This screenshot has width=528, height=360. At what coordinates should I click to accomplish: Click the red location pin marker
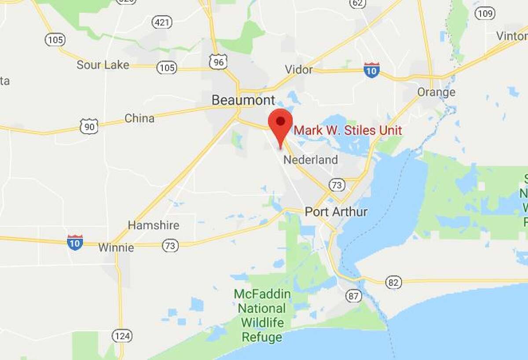[x=280, y=121]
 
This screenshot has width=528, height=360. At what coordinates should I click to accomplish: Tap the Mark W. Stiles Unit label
[x=348, y=130]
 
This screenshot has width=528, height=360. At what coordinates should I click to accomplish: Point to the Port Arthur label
[x=336, y=212]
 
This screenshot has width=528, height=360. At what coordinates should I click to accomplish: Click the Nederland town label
[x=311, y=159]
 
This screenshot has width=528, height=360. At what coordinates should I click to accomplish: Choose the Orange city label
[x=436, y=92]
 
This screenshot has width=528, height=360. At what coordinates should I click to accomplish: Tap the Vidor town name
[x=299, y=70]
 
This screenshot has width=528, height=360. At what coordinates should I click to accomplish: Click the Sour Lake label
[x=103, y=65]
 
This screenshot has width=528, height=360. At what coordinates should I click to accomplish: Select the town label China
[x=139, y=118]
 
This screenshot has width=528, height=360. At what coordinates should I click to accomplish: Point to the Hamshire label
[x=154, y=225]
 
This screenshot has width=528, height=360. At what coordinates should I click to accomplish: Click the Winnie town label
[x=116, y=247]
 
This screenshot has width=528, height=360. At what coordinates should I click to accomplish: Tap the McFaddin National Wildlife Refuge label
[x=262, y=316]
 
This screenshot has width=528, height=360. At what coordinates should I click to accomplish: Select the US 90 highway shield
[x=89, y=126]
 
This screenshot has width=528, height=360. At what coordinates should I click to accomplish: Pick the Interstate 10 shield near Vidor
[x=372, y=70]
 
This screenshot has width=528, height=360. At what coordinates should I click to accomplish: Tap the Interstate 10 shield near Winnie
[x=75, y=242]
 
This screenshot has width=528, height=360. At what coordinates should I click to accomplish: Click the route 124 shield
[x=122, y=336]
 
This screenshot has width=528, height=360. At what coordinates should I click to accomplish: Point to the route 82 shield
[x=393, y=282]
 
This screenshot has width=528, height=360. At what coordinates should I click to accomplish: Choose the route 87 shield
[x=354, y=296]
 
